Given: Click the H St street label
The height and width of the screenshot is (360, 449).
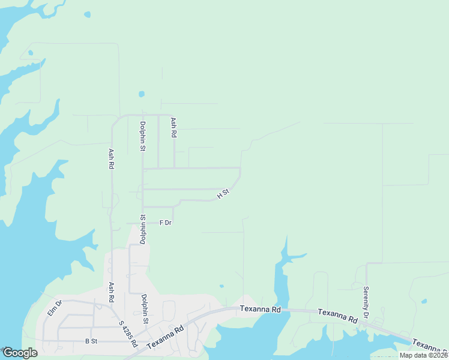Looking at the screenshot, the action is pyautogui.click(x=223, y=194).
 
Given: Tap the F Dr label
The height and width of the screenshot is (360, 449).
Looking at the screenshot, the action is pyautogui.click(x=166, y=223).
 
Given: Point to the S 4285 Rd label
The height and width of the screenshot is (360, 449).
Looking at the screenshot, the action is pyautogui.click(x=128, y=334).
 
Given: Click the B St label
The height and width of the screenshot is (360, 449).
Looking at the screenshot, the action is pyautogui.click(x=91, y=341).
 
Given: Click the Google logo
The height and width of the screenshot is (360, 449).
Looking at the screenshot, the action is pyautogui.click(x=20, y=353).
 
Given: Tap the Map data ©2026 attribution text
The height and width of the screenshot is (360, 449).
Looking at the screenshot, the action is pyautogui.click(x=423, y=355).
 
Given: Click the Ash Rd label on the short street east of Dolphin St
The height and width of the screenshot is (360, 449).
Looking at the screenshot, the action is pyautogui.click(x=173, y=128).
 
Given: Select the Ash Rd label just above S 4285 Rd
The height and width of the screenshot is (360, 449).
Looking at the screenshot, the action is pyautogui.click(x=112, y=293).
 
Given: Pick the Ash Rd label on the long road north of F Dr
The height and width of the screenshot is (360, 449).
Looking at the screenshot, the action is pyautogui.click(x=111, y=159).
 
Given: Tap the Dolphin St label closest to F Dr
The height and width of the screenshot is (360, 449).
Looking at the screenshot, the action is pyautogui.click(x=143, y=229).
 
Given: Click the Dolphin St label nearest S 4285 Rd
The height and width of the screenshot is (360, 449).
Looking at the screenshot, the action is pyautogui.click(x=144, y=308).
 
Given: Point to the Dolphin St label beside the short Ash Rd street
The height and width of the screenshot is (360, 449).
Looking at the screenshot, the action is pyautogui.click(x=143, y=136).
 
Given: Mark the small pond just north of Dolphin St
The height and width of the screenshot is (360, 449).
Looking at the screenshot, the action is pyautogui.click(x=142, y=94).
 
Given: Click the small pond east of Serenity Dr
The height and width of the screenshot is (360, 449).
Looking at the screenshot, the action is pyautogui.click(x=424, y=301).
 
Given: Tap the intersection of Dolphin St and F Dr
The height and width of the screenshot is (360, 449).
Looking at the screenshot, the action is pyautogui.click(x=143, y=223).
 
